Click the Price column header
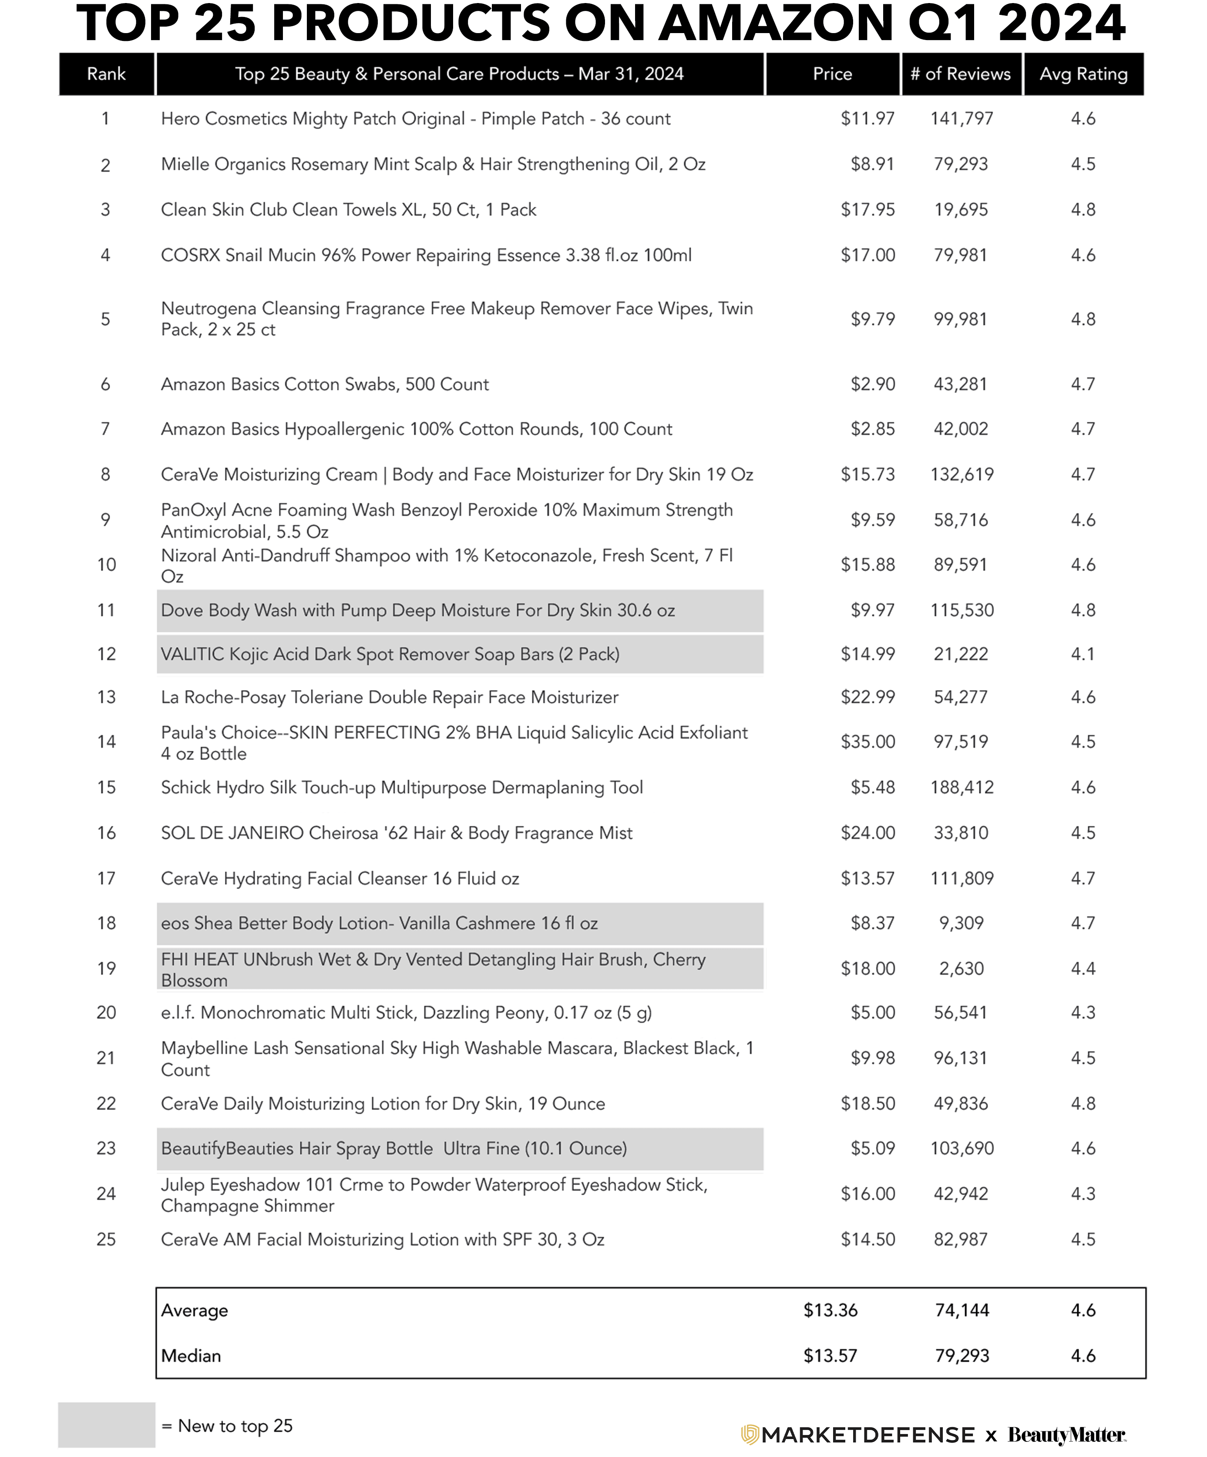(832, 74)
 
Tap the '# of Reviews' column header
(960, 74)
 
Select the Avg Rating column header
(1083, 74)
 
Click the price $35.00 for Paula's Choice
(868, 742)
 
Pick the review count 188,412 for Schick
(962, 787)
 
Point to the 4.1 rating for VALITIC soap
(1083, 654)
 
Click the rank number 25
(106, 1239)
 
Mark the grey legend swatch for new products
(106, 1424)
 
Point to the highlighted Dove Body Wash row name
(417, 611)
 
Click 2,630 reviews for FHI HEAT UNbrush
(962, 969)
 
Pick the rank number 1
(105, 119)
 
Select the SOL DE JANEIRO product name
(396, 833)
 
